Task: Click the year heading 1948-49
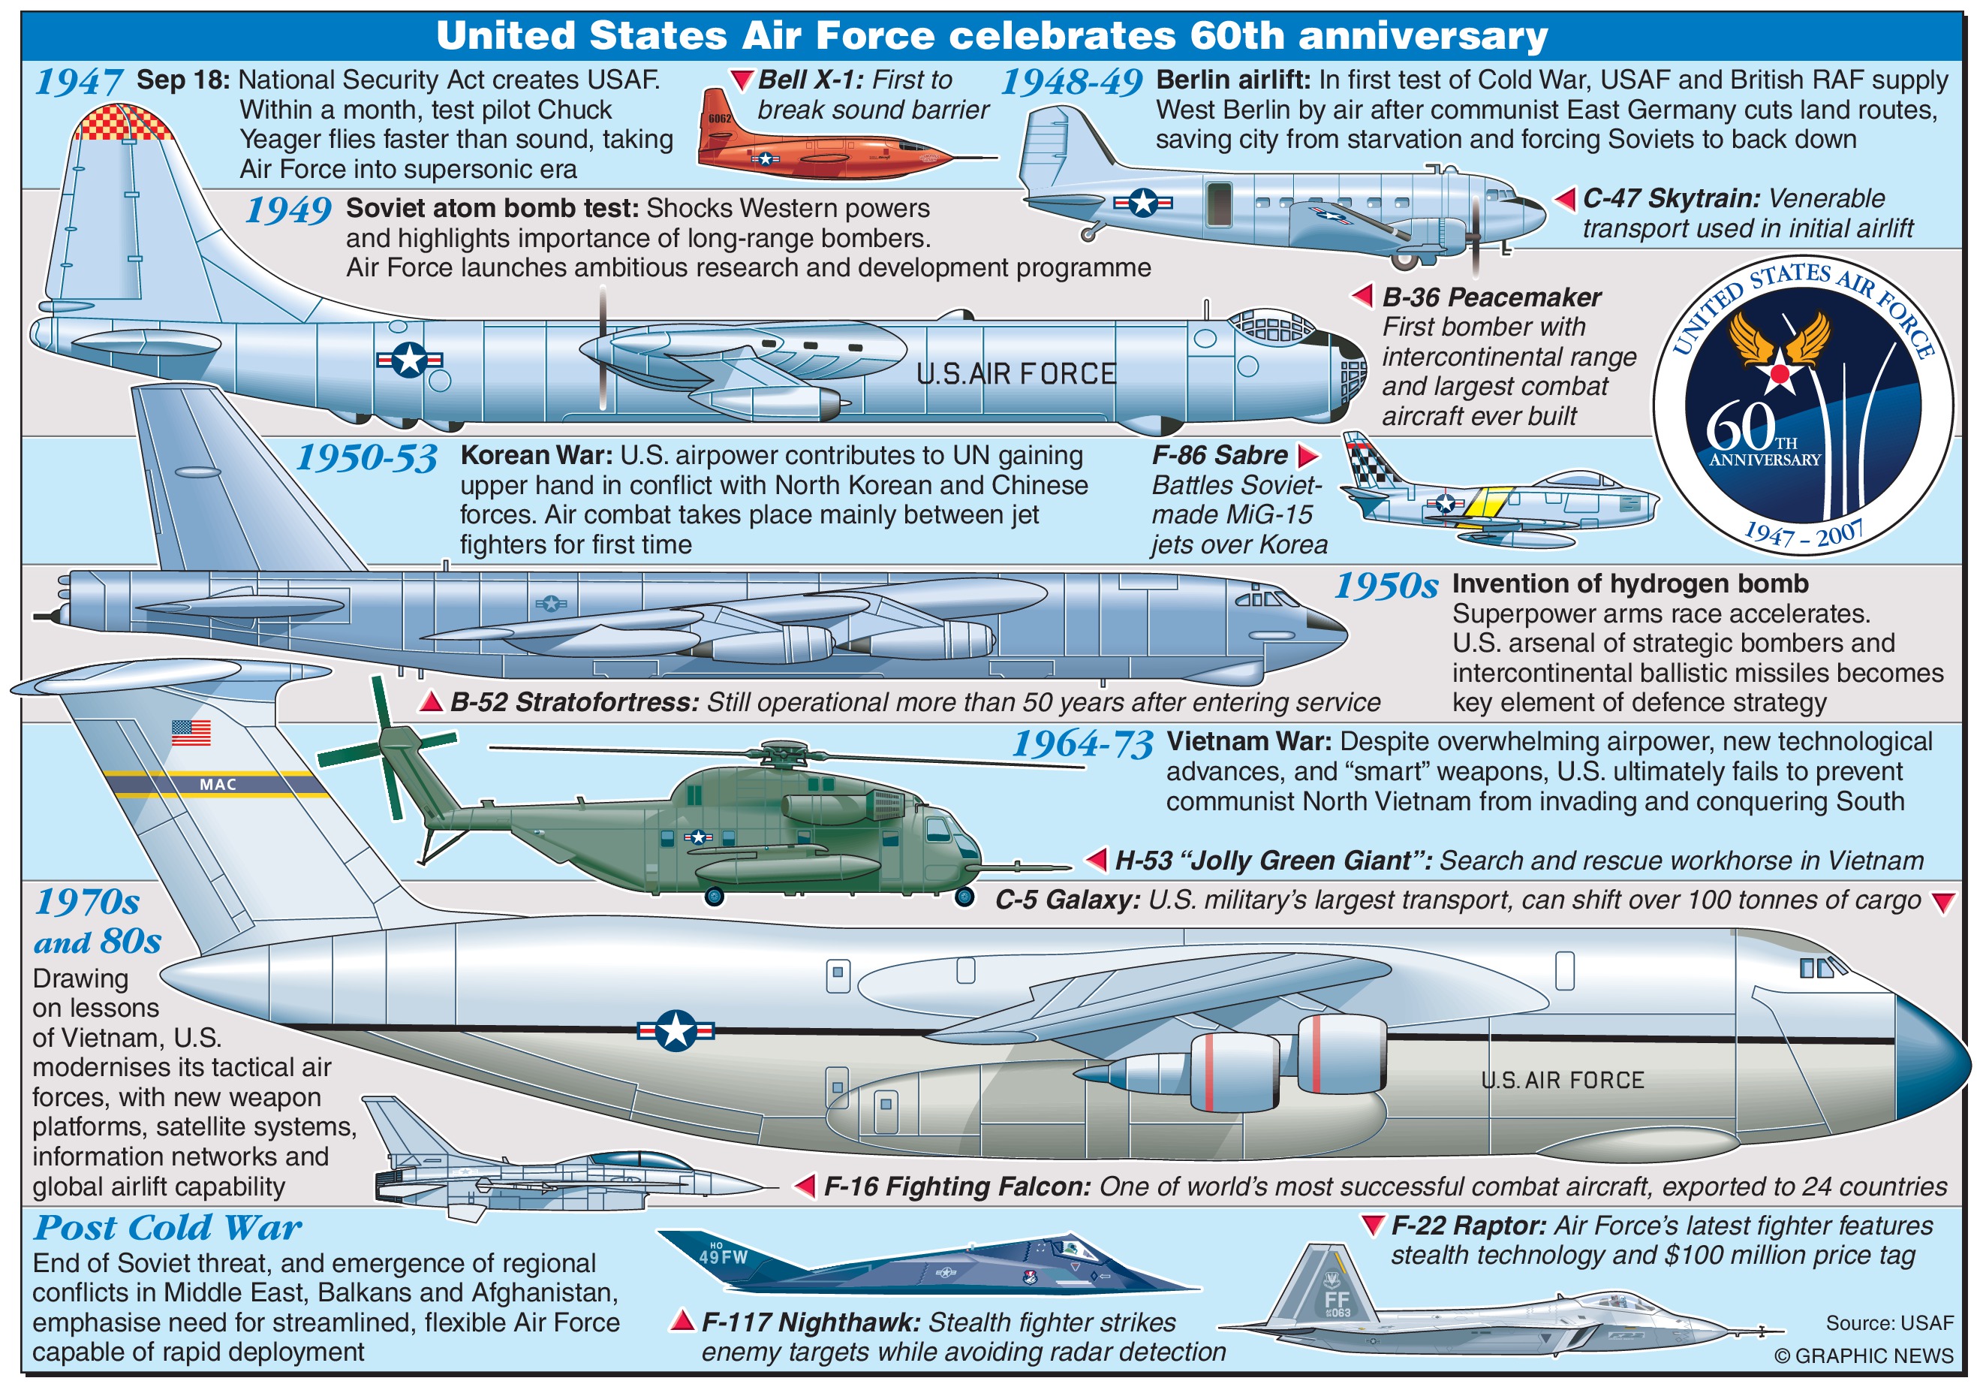pos(1071,83)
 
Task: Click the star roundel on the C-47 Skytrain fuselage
pos(1142,203)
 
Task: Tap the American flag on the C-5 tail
pos(191,732)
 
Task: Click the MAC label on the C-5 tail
pos(217,785)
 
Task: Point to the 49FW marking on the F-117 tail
pos(723,1256)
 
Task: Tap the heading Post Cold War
pos(167,1226)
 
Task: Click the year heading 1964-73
pos(1082,743)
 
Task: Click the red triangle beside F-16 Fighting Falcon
pos(805,1186)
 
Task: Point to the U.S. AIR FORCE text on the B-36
pos(1016,374)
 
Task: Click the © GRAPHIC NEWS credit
pos(1864,1355)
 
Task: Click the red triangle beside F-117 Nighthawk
pos(683,1320)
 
